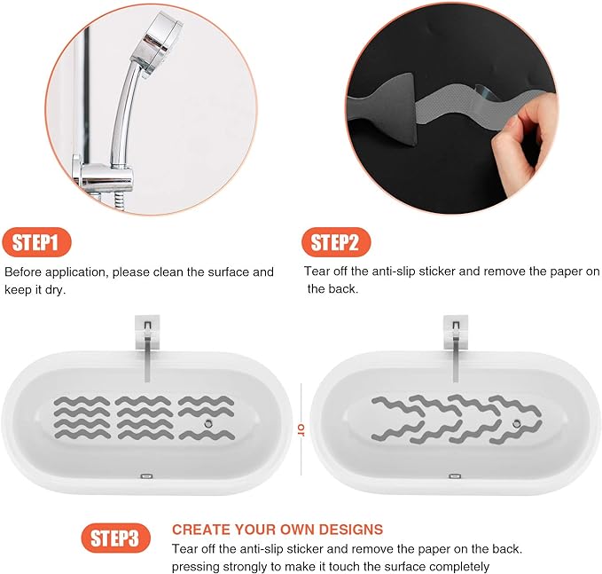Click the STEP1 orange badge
click(x=36, y=242)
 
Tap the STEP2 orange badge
click(x=335, y=242)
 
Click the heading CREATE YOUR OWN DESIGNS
click(x=278, y=529)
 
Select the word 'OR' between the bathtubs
click(x=301, y=429)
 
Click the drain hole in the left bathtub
click(x=207, y=424)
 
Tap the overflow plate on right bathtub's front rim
click(x=454, y=476)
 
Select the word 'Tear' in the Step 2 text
click(x=317, y=271)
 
